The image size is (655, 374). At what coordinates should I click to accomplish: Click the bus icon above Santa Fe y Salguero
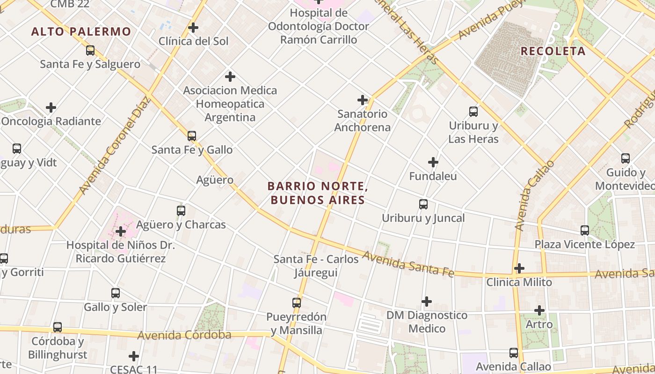coord(90,50)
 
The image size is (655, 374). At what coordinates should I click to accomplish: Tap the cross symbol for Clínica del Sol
coord(193,28)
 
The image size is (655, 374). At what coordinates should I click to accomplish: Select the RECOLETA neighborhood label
coord(553,51)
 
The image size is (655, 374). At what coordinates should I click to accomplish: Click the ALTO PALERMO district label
coord(81,32)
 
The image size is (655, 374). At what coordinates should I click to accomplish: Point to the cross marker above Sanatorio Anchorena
coord(363,100)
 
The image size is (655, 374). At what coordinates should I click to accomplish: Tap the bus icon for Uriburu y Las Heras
coord(473,112)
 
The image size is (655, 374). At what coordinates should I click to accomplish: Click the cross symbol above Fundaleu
coord(433,162)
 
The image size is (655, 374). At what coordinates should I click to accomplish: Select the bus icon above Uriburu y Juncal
coord(423,204)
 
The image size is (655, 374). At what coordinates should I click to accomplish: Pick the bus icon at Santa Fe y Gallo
coord(192,136)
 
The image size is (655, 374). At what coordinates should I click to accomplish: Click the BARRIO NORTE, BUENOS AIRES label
coord(317,193)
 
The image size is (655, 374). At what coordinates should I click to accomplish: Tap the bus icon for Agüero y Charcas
coord(181,211)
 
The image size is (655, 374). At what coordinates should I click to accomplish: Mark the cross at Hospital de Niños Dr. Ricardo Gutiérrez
coord(121,231)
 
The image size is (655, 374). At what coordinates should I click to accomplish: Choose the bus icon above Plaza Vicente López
coord(585,230)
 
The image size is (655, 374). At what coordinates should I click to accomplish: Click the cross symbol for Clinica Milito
coord(519,268)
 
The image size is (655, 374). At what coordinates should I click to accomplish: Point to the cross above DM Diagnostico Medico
coord(427,302)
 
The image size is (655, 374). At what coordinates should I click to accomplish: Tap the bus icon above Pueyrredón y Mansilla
coord(297,303)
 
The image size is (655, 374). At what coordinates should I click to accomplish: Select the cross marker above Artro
coord(539,310)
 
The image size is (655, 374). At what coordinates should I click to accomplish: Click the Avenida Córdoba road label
coord(184,335)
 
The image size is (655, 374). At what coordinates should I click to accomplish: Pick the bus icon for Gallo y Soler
coord(116,293)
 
